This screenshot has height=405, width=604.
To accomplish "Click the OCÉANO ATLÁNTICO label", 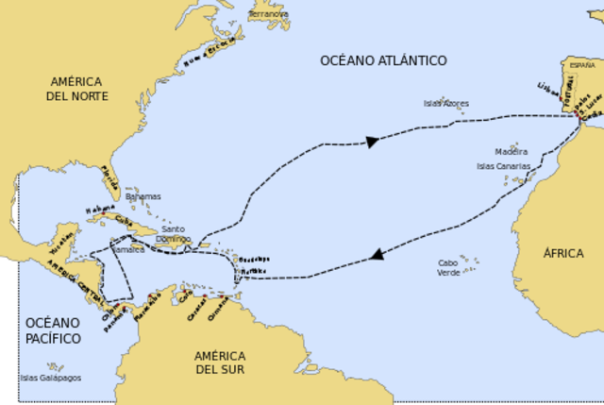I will pyautogui.click(x=383, y=60).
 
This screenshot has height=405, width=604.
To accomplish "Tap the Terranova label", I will pyautogui.click(x=269, y=15).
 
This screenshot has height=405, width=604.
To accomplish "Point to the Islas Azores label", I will pyautogui.click(x=445, y=103).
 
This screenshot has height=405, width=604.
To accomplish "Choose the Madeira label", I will pyautogui.click(x=511, y=151).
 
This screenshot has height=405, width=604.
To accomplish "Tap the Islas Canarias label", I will pyautogui.click(x=503, y=165).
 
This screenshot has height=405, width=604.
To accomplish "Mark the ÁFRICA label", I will pyautogui.click(x=563, y=253).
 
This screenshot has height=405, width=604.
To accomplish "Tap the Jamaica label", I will pyautogui.click(x=130, y=249).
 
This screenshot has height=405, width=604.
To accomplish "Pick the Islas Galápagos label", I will pyautogui.click(x=50, y=378).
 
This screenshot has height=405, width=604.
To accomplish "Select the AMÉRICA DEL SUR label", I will pyautogui.click(x=219, y=363).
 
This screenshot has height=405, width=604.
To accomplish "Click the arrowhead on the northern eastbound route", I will pyautogui.click(x=372, y=142).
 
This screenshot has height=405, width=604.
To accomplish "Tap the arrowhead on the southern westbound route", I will pyautogui.click(x=377, y=253).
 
